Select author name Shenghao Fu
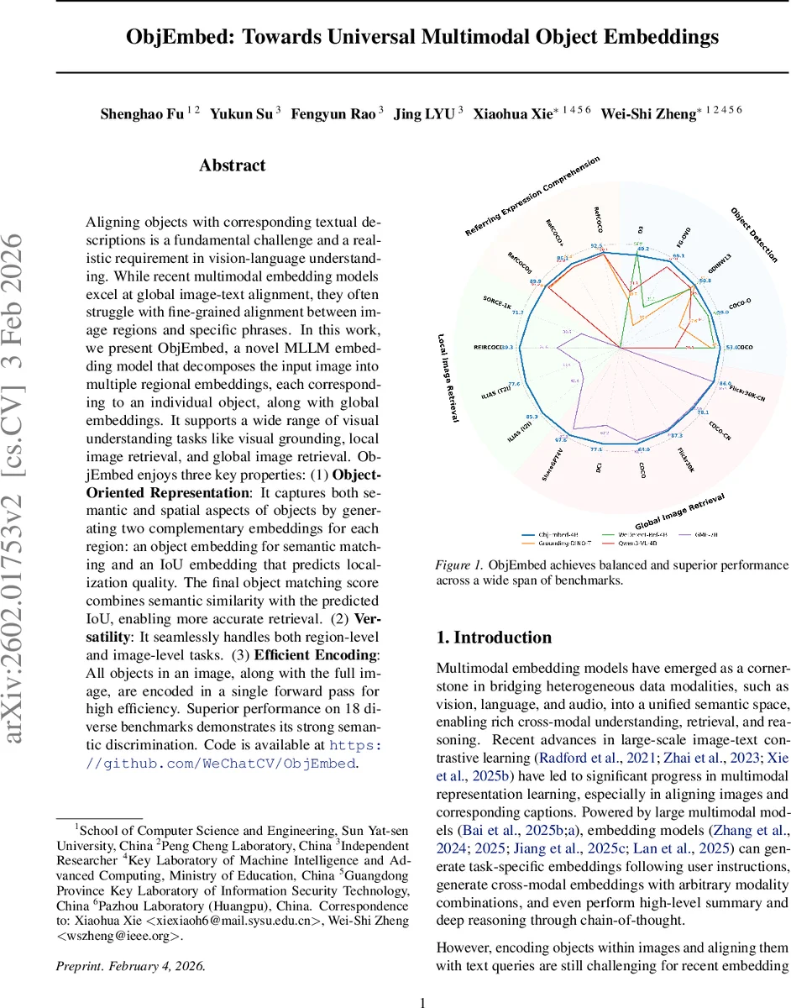141,113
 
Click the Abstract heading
232,165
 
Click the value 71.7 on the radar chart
516,312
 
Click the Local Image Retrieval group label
447,378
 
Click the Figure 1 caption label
460,565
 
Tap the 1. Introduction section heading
495,638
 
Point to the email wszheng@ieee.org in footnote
134,936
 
